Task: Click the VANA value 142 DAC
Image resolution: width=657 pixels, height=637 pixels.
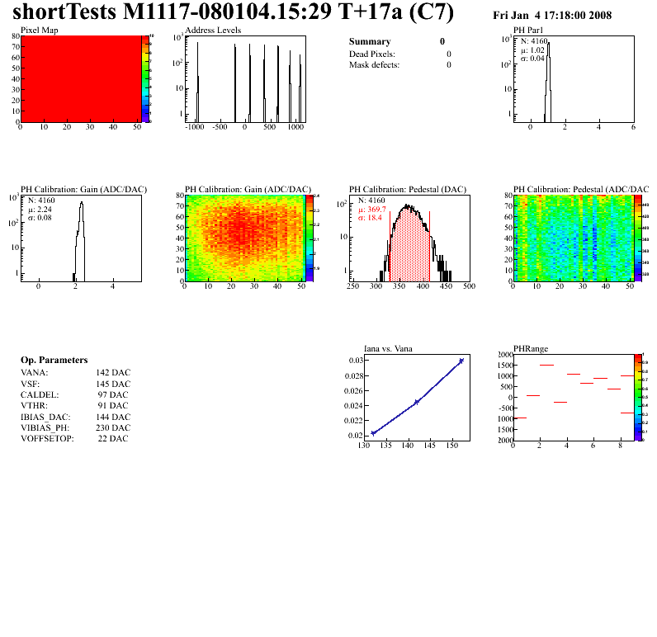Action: tap(113, 373)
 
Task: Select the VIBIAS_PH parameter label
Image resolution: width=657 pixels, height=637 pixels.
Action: tap(45, 427)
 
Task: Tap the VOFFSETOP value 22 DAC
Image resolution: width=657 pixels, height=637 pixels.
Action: tap(112, 438)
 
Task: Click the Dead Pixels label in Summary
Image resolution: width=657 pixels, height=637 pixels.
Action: tap(372, 54)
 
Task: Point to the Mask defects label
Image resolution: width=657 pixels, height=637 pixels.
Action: tap(374, 64)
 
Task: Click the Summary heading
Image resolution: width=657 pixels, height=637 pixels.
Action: tap(370, 41)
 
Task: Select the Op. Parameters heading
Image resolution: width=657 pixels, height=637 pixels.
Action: tap(54, 361)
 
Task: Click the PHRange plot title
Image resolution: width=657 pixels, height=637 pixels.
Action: tap(531, 348)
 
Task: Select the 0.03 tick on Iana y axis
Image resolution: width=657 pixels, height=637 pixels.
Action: tap(354, 361)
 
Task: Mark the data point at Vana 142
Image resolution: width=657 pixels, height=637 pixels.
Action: tap(417, 402)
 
